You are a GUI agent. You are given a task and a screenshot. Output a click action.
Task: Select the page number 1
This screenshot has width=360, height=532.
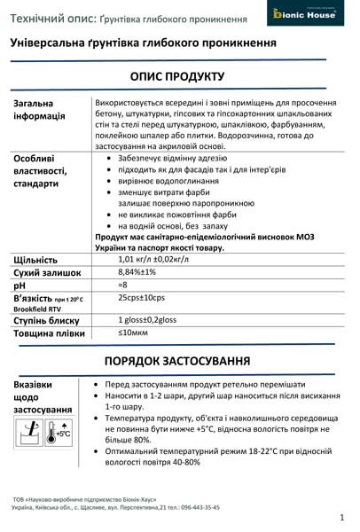341,516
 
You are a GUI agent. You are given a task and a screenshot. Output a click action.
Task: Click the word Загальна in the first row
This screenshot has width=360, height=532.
34,103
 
